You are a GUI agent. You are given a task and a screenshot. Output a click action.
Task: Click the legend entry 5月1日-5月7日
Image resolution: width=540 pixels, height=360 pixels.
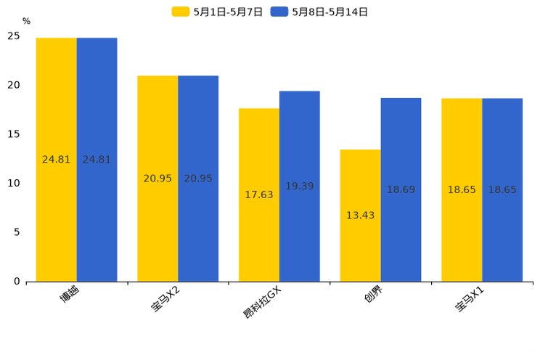pyautogui.click(x=217, y=12)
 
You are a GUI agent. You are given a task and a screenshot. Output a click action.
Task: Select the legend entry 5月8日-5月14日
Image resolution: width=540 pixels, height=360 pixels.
pyautogui.click(x=319, y=12)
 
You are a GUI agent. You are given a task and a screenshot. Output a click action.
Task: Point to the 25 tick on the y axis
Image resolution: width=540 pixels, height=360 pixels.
pyautogui.click(x=14, y=36)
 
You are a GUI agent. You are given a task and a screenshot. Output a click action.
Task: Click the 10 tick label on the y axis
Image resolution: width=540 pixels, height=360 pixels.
pyautogui.click(x=14, y=183)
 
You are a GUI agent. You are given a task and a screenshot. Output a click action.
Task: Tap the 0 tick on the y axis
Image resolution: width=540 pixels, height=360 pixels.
pyautogui.click(x=17, y=282)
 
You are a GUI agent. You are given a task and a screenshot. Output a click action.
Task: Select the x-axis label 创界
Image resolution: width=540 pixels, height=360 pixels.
pyautogui.click(x=374, y=296)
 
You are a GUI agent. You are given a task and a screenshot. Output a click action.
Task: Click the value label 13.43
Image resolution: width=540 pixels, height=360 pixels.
pyautogui.click(x=360, y=216)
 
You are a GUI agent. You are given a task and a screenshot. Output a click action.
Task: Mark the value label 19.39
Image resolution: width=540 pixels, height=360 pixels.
pyautogui.click(x=300, y=187)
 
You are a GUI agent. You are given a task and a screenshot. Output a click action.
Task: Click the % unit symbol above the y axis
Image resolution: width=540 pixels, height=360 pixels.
pyautogui.click(x=26, y=22)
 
